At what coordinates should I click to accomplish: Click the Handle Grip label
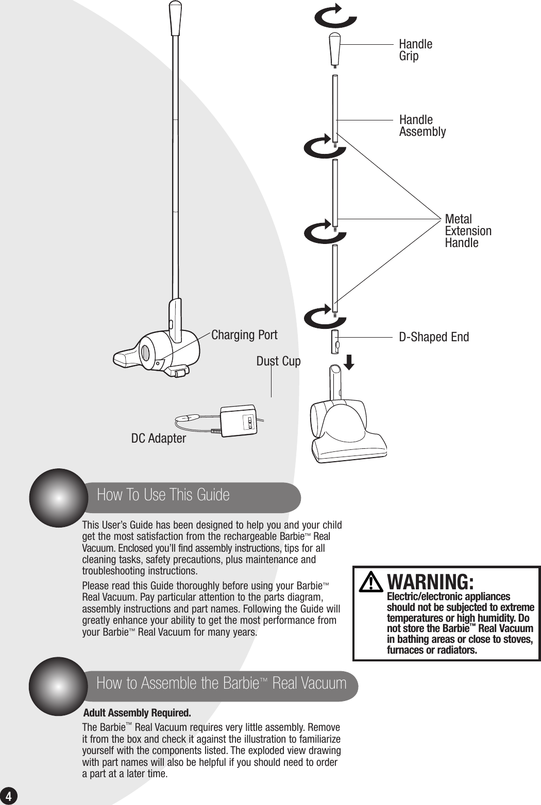coord(415,50)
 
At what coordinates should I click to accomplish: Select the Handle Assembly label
coord(422,126)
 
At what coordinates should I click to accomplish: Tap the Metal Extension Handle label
coord(467,231)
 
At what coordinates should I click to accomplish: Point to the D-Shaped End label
coord(434,337)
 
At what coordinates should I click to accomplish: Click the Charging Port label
coord(244,335)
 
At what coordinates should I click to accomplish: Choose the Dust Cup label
coord(278,361)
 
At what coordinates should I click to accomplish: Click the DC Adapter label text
coord(158,439)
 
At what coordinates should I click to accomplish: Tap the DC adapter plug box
coord(239,421)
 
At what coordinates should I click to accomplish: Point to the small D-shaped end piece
coord(335,342)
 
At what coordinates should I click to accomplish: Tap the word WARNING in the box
coord(430,582)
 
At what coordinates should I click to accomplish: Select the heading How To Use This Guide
coord(163,495)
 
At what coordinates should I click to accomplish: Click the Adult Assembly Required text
coord(137,713)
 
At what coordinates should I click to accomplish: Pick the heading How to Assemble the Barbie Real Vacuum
coord(221,684)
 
